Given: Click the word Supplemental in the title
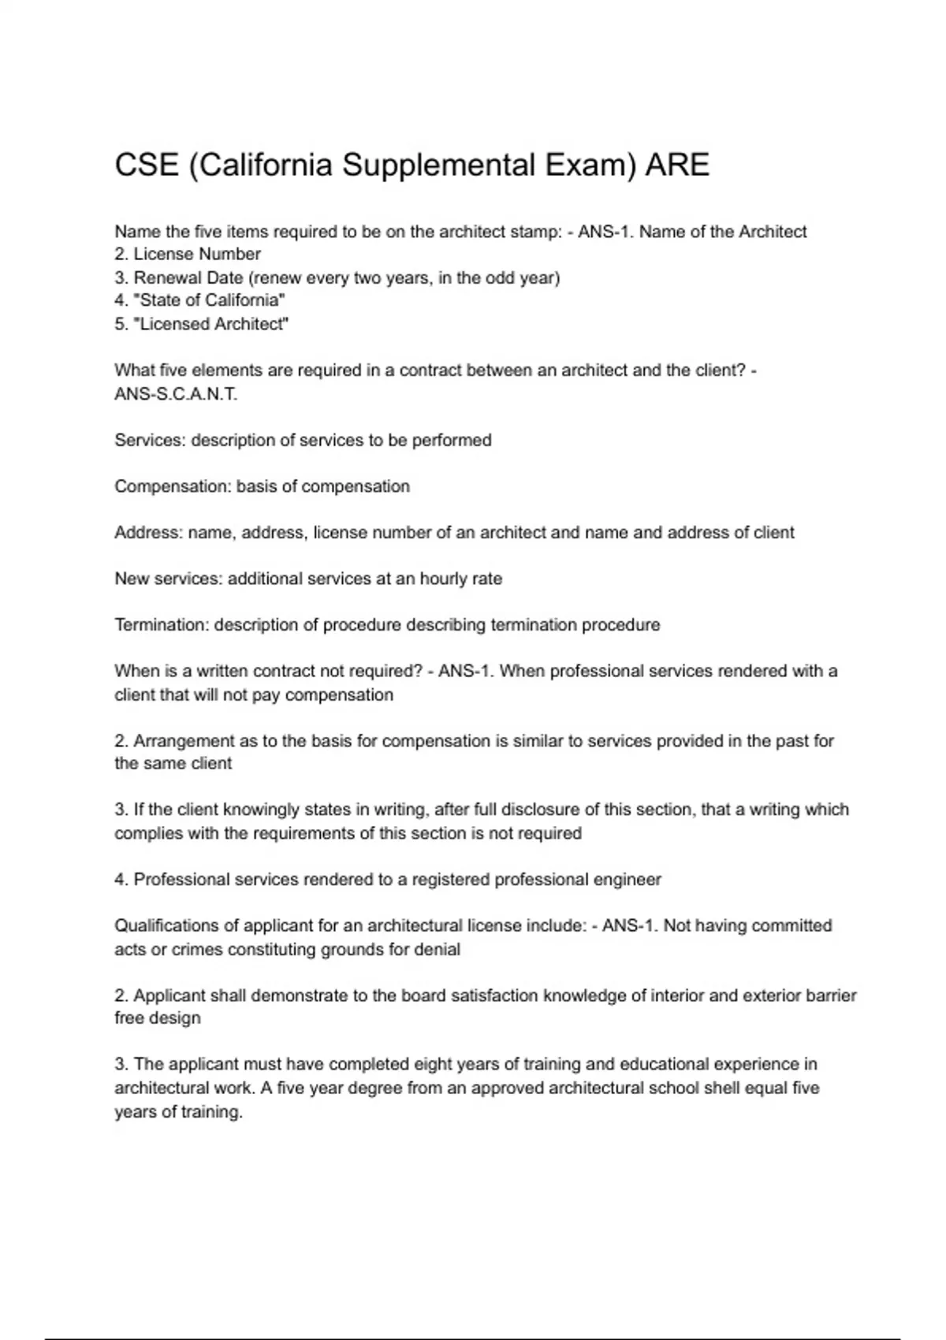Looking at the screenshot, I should tap(437, 166).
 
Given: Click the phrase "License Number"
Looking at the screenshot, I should tap(197, 254).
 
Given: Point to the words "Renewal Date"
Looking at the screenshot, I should tap(188, 277).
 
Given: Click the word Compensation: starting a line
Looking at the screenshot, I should tap(173, 486).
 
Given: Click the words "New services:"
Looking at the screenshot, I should tap(169, 579).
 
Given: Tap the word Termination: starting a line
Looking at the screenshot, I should tap(162, 625).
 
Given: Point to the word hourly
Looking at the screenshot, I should tap(443, 579).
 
